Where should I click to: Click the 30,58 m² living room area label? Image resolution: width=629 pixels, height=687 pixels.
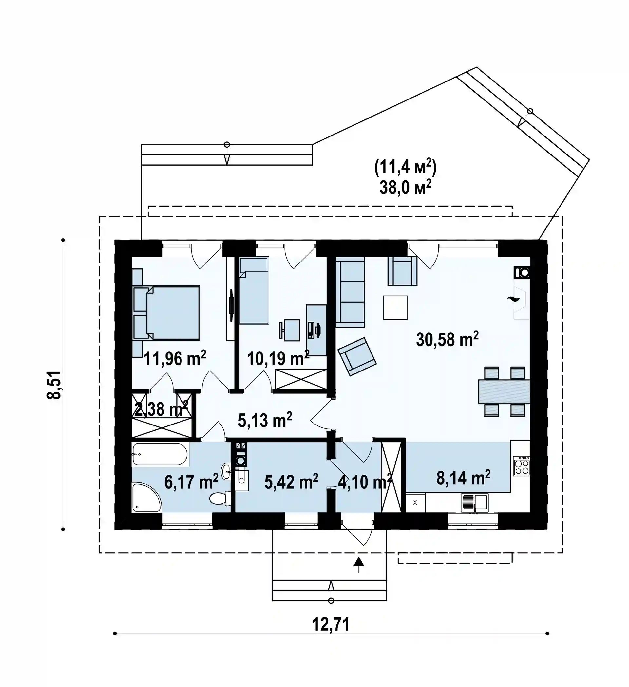pyautogui.click(x=447, y=339)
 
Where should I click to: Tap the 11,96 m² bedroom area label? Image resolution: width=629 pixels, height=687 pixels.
pyautogui.click(x=175, y=358)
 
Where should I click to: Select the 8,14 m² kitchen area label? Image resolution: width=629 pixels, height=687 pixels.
pyautogui.click(x=463, y=478)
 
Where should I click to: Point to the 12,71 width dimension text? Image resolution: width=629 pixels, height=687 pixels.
pyautogui.click(x=331, y=624)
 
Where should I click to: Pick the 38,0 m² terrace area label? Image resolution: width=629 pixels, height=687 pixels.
pyautogui.click(x=405, y=187)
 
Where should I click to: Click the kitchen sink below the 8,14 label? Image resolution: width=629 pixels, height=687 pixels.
pyautogui.click(x=474, y=503)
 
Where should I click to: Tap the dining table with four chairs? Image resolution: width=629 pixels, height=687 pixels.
pyautogui.click(x=504, y=391)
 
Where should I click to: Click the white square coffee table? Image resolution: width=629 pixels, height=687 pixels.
pyautogui.click(x=395, y=308)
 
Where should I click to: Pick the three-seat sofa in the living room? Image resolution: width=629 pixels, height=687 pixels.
pyautogui.click(x=350, y=292)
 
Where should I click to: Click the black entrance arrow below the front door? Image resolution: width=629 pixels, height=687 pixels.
pyautogui.click(x=358, y=565)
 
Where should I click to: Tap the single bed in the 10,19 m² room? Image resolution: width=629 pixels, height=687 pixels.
pyautogui.click(x=254, y=290)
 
